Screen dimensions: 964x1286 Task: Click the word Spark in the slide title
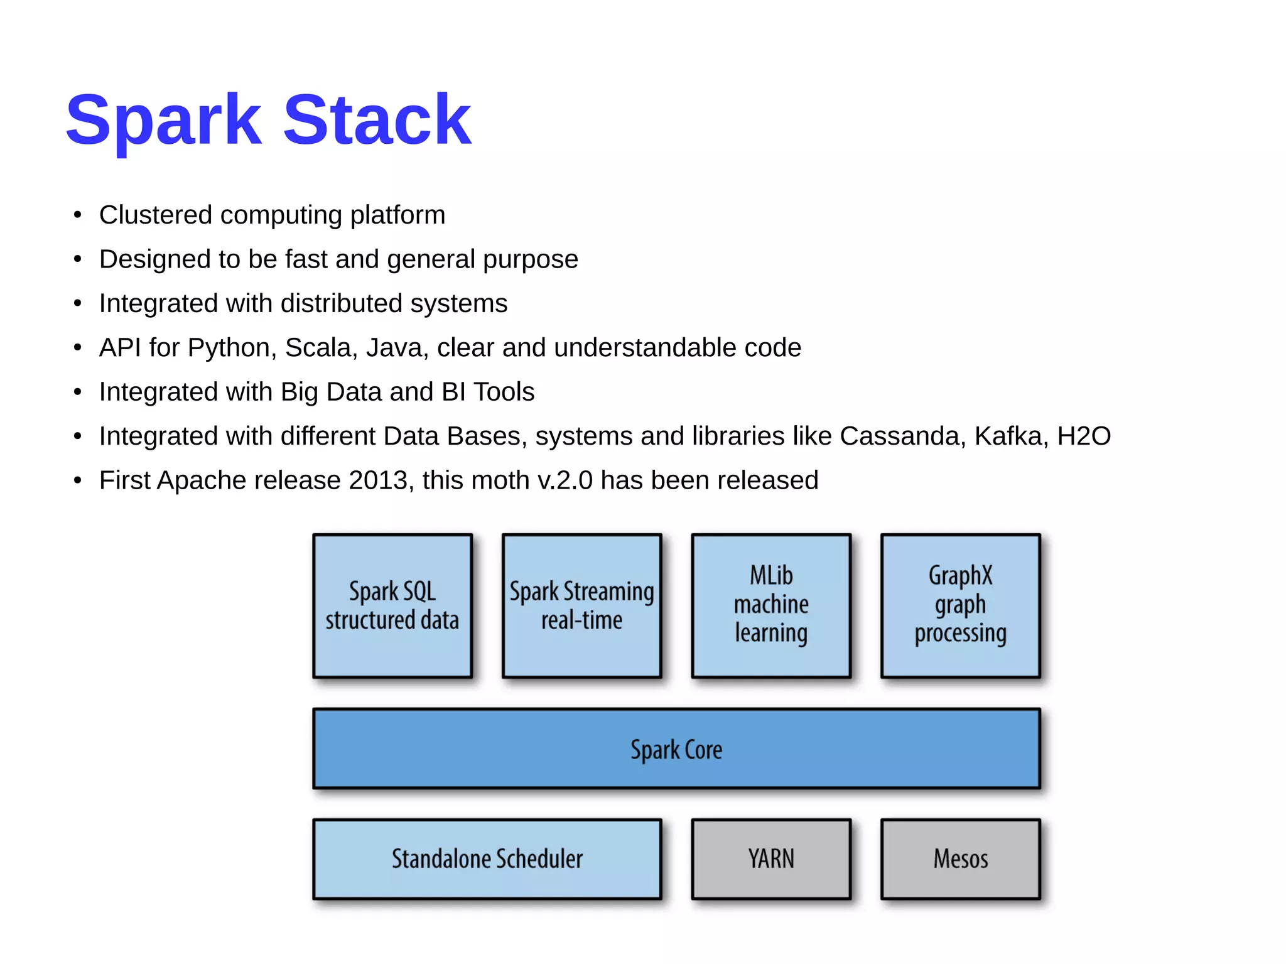click(x=163, y=121)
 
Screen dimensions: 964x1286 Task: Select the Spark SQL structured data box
click(x=392, y=605)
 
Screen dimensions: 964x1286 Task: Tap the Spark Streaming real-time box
click(x=581, y=605)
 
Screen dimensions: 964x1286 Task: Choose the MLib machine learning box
click(x=771, y=605)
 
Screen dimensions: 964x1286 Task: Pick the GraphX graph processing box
click(x=960, y=605)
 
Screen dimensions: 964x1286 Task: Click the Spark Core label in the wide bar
click(x=676, y=750)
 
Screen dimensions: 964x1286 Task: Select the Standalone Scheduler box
click(x=487, y=858)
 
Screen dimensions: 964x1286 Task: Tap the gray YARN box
click(x=771, y=858)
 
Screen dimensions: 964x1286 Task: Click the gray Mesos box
click(x=960, y=858)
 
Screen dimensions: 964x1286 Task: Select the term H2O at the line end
click(x=1084, y=436)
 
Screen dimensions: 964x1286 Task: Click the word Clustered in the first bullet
click(x=156, y=215)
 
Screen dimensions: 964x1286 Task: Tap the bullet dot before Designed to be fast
click(x=77, y=259)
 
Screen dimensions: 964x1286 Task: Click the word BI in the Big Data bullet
click(x=453, y=392)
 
